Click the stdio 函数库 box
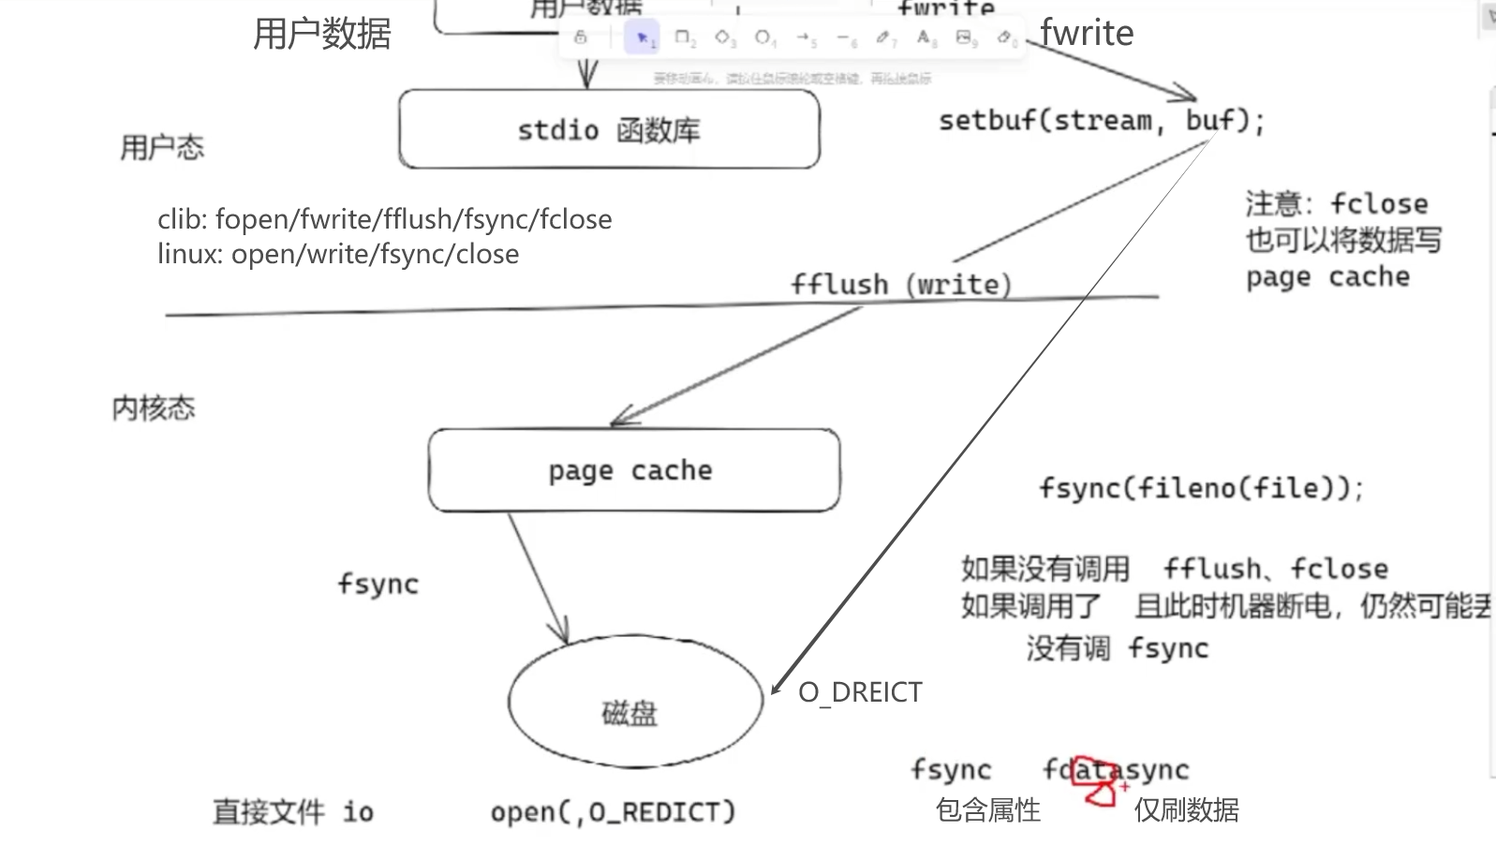tap(609, 129)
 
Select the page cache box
tap(633, 470)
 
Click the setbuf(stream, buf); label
tap(1102, 121)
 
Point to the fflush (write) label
tap(900, 284)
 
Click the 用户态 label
tap(162, 147)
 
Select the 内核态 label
tap(154, 408)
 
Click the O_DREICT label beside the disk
tap(860, 692)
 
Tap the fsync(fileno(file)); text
tap(1201, 488)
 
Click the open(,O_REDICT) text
tap(614, 811)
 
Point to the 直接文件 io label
tap(292, 811)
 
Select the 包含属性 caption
tap(988, 809)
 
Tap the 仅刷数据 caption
tap(1187, 809)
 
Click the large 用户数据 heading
tap(322, 34)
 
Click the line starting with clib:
tap(384, 219)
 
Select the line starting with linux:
tap(338, 254)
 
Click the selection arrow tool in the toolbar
tap(643, 37)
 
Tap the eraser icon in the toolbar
tap(1005, 37)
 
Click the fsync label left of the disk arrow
tap(378, 584)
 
